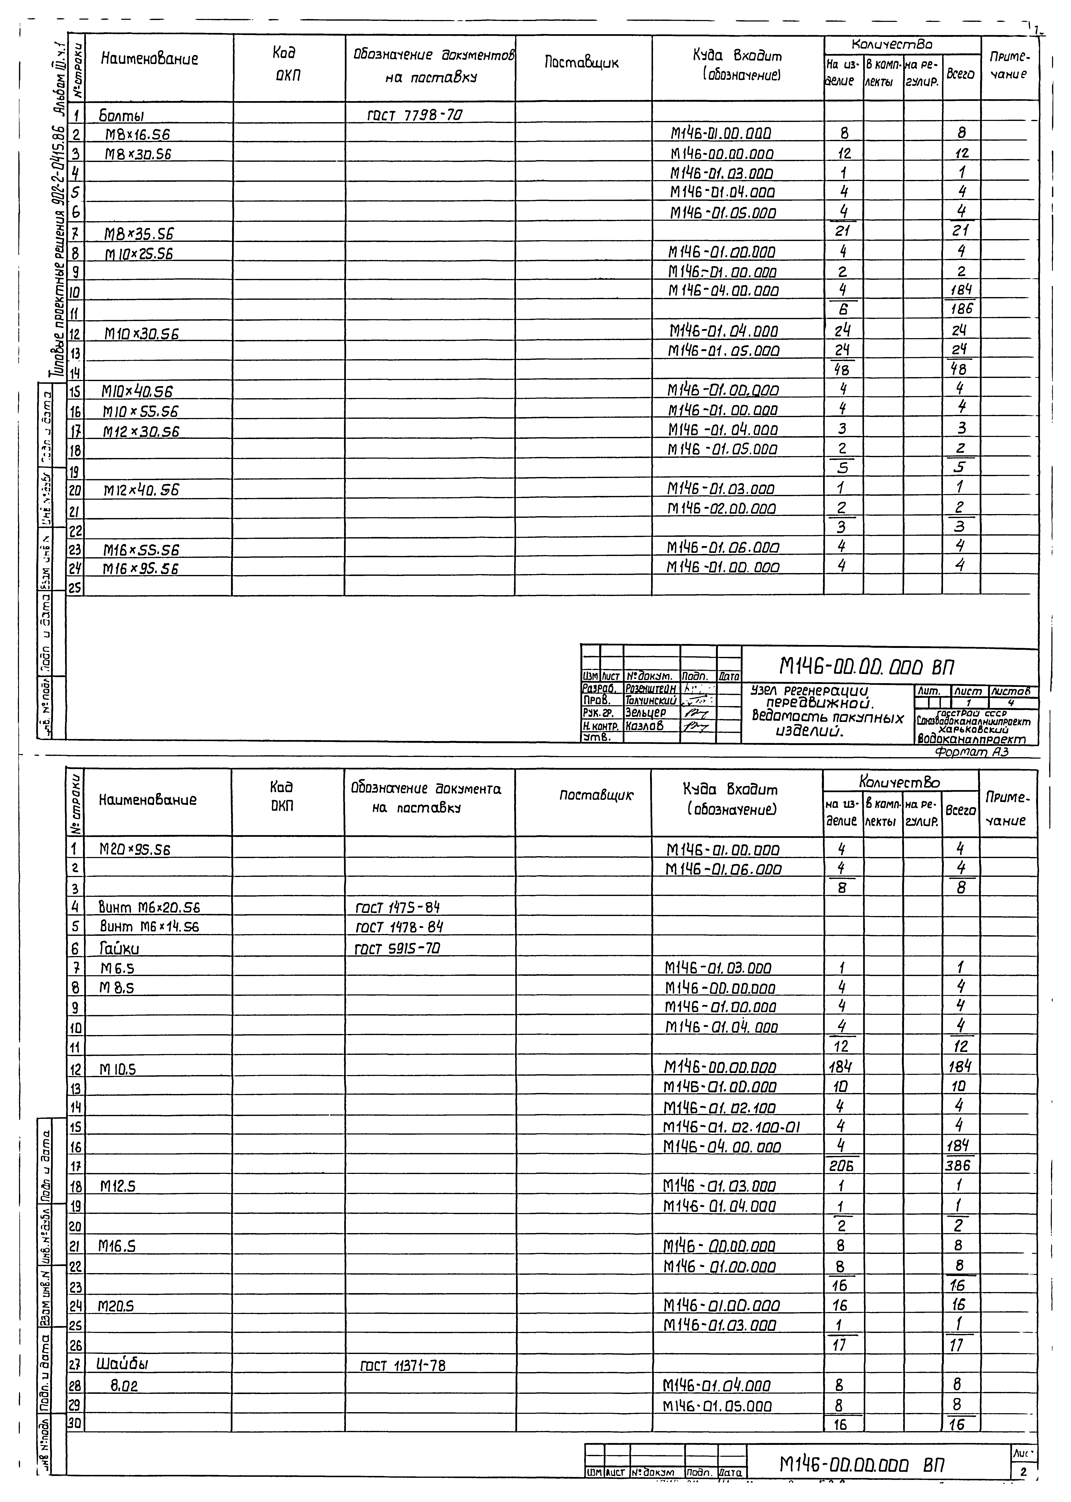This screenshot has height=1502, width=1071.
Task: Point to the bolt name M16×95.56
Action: pos(140,568)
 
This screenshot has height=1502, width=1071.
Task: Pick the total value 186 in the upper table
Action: pos(961,309)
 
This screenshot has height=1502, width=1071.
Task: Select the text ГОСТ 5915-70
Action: pos(397,948)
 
